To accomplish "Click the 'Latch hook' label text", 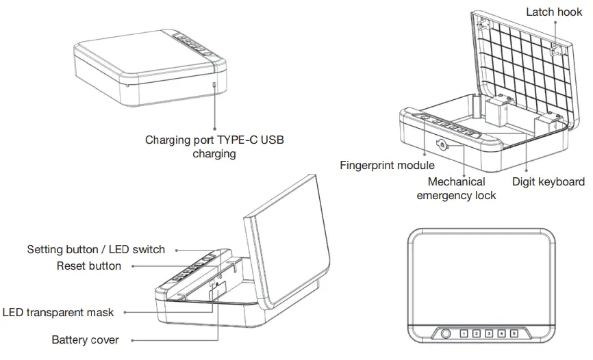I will pos(555,12).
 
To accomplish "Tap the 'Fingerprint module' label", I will pos(387,166).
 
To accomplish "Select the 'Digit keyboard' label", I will pos(548,181).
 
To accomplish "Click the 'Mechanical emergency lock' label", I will pos(456,188).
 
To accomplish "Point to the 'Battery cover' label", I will pos(86,339).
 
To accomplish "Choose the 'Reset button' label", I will pos(89,266).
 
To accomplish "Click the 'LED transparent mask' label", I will pos(58,312).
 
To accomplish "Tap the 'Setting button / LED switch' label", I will pos(96,249).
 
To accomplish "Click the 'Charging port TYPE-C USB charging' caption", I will pos(214,146).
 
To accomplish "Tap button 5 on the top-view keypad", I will pos(514,334).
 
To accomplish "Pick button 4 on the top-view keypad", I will pos(502,334).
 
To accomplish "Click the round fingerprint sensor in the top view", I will pos(446,334).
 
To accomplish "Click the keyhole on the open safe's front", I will pos(443,144).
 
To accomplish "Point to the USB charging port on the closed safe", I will pos(214,85).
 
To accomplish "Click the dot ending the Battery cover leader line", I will pos(131,339).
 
